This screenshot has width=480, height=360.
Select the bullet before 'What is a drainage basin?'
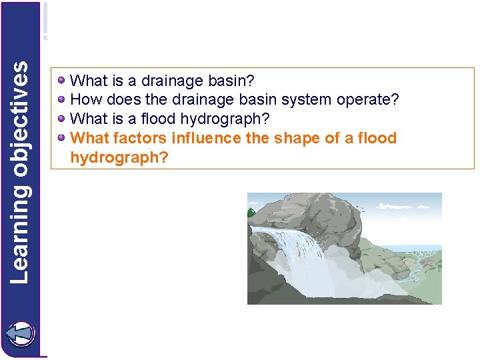[61, 81]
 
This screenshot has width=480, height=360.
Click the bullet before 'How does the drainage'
[61, 100]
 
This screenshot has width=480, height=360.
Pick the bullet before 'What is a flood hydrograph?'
[61, 119]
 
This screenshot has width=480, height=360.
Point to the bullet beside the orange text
[61, 138]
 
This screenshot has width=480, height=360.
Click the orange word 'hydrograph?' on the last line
[119, 157]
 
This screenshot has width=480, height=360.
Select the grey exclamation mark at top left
[45, 21]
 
